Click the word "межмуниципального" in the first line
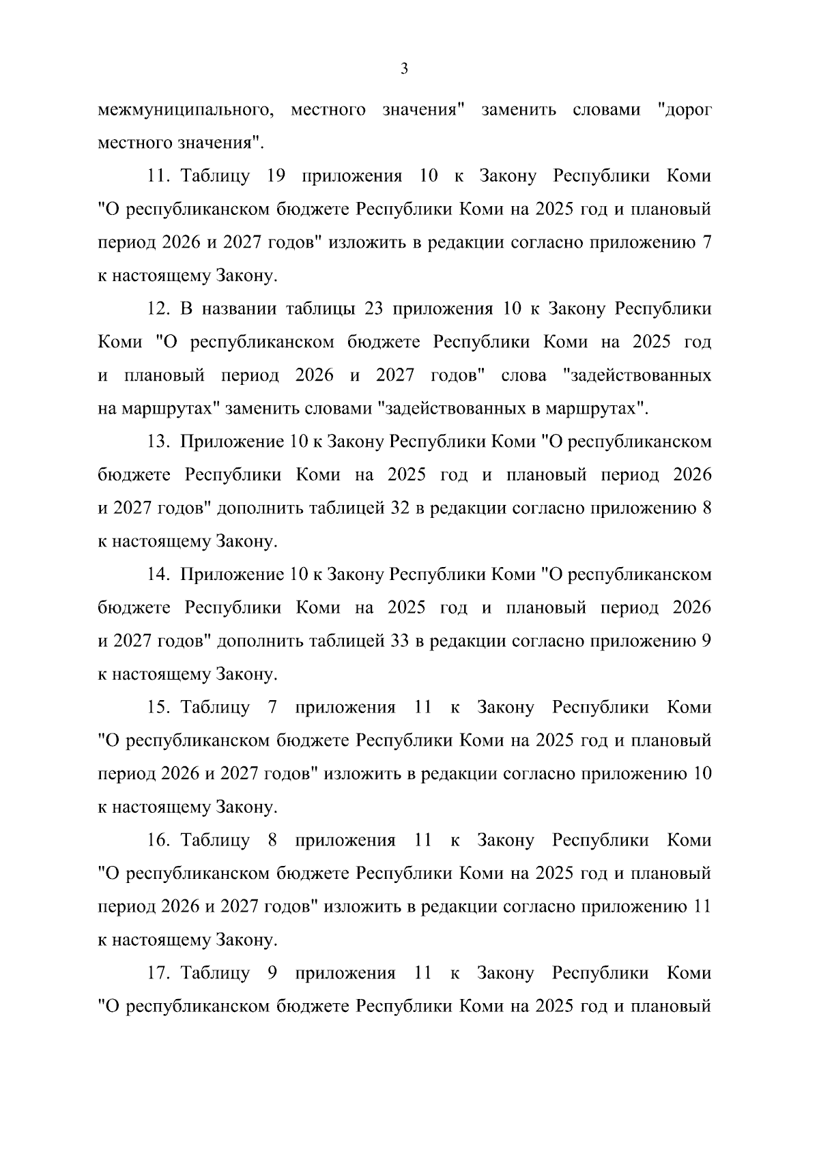click(182, 111)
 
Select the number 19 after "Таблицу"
click(275, 177)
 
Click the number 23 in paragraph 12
click(373, 309)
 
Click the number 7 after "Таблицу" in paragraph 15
click(272, 708)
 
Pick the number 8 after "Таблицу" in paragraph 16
click(272, 840)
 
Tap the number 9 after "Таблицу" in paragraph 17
click(272, 973)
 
